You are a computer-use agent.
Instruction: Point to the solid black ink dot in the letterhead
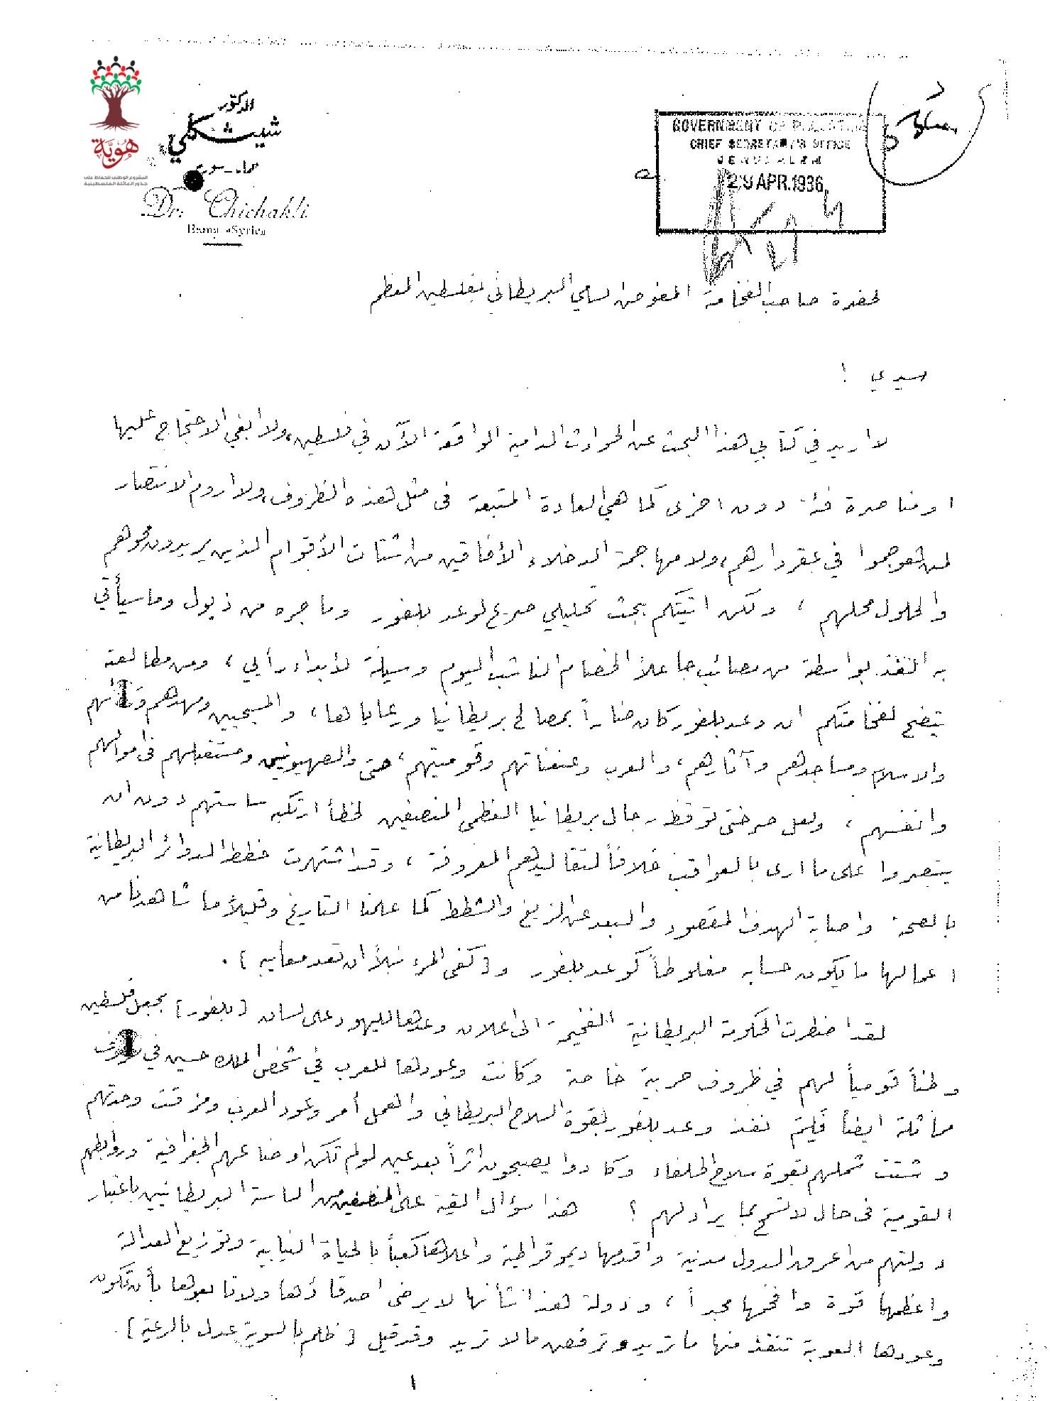(192, 182)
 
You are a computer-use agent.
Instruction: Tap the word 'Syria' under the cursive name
(248, 231)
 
